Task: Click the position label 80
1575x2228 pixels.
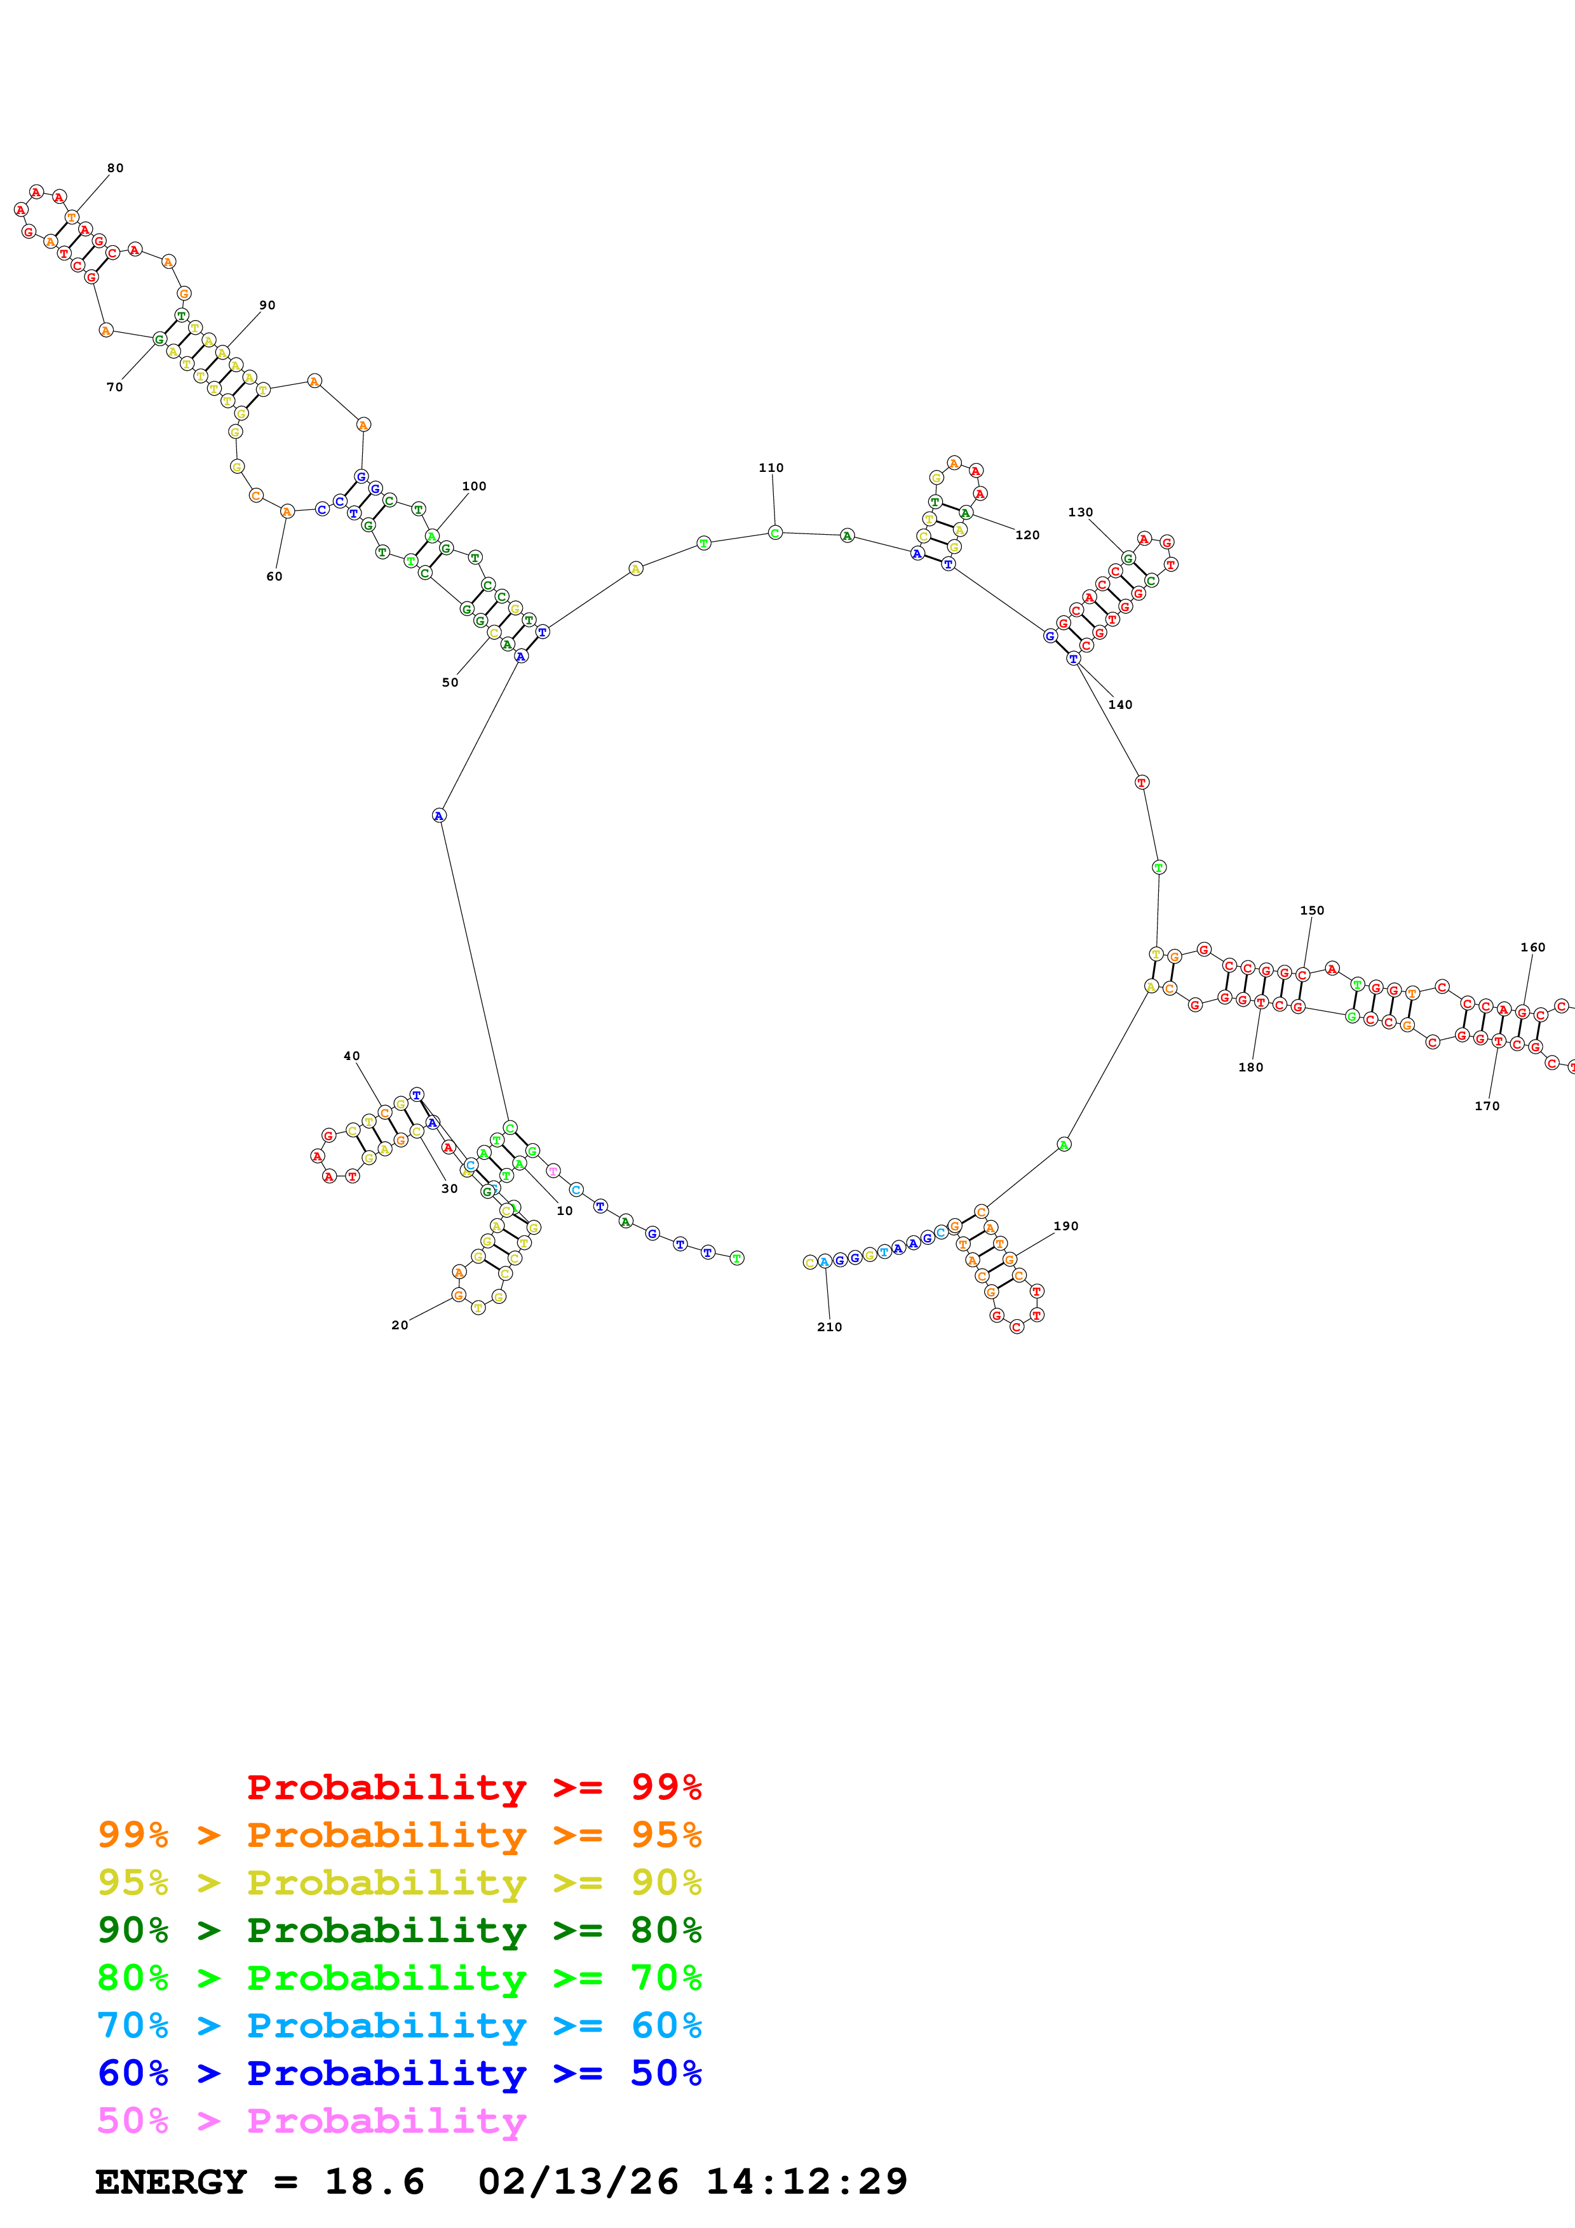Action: [116, 168]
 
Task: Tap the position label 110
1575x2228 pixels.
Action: [771, 467]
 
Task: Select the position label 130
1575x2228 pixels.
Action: [1080, 513]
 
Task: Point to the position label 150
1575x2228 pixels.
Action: [1311, 910]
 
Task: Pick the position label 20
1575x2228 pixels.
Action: [399, 1325]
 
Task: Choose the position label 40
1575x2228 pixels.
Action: [351, 1056]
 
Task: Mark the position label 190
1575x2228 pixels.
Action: [1065, 1226]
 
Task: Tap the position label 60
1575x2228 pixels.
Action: [274, 577]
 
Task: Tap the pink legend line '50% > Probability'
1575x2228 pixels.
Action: [311, 2121]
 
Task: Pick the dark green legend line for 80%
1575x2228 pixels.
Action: [400, 1930]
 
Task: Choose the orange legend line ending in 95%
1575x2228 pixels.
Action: [400, 1835]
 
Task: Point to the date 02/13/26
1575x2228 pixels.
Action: [578, 2182]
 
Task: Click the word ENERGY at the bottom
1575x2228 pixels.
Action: [171, 2182]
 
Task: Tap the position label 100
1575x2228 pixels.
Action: [473, 486]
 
